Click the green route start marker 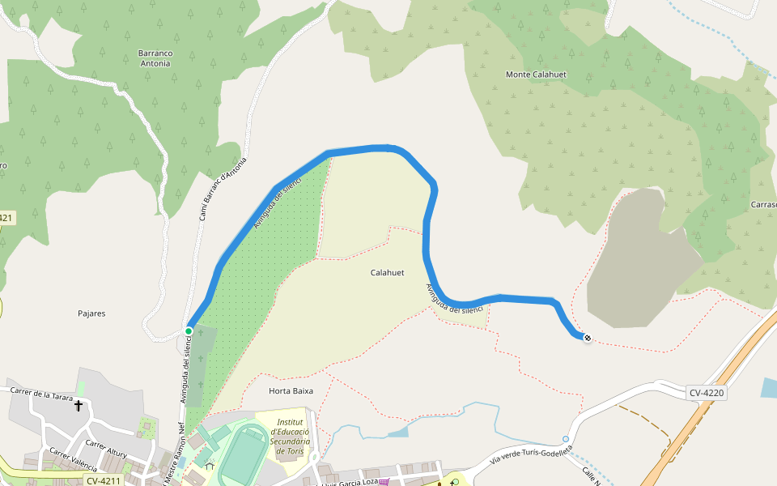pos(189,330)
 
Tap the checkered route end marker pos(587,338)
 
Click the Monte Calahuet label pos(536,75)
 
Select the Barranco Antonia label pos(155,58)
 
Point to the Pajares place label pos(91,313)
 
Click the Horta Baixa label pos(291,390)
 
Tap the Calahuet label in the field pos(387,273)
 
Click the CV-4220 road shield pos(707,393)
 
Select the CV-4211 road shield pos(103,480)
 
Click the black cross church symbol pos(79,405)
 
